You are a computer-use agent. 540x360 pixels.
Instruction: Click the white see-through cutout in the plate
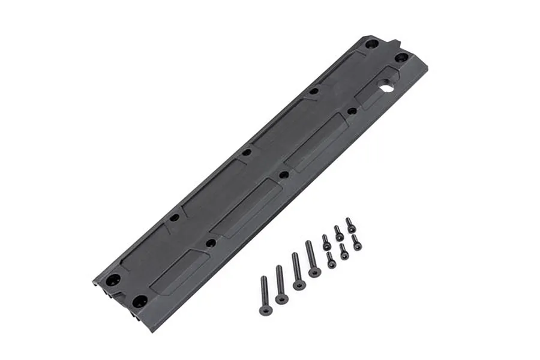coord(386,88)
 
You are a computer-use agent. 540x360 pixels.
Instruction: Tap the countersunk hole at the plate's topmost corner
coord(371,44)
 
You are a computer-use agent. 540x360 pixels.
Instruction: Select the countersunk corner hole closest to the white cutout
coord(401,58)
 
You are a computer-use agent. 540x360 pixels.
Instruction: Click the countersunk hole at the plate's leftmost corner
coord(113,280)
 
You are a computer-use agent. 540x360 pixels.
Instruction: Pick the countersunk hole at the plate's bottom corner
coord(140,301)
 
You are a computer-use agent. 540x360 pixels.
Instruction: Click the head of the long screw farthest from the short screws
coord(265,310)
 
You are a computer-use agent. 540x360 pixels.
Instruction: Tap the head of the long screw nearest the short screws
coord(314,272)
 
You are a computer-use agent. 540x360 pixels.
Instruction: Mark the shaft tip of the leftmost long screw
coord(263,278)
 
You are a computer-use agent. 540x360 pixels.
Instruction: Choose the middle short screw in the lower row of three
coord(343,251)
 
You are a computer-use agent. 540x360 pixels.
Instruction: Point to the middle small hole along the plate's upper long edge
coord(246,152)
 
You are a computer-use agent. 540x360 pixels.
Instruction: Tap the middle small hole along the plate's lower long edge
coord(283,175)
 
